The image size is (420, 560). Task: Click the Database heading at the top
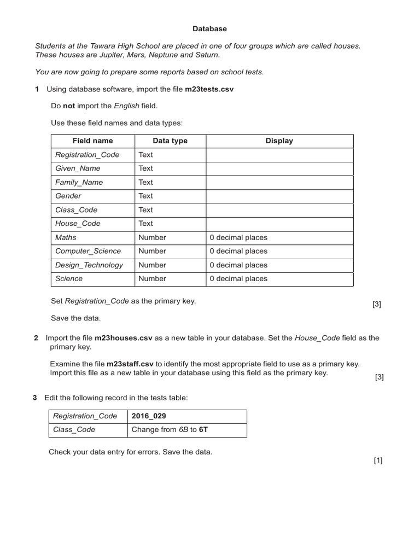click(209, 28)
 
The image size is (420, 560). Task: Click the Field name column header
click(92, 141)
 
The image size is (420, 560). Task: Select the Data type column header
click(170, 141)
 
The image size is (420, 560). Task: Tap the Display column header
click(279, 141)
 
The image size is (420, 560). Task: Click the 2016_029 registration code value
click(149, 416)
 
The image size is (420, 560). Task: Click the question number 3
click(35, 397)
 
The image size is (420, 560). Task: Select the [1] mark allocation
click(378, 460)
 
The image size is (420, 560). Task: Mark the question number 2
click(36, 338)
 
